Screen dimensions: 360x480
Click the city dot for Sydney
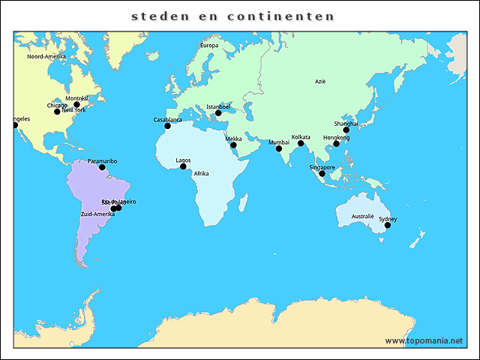pyautogui.click(x=388, y=225)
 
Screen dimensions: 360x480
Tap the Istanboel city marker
pyautogui.click(x=218, y=113)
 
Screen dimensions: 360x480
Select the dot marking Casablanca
pyautogui.click(x=167, y=126)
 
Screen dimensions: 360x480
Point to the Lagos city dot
pyautogui.click(x=183, y=166)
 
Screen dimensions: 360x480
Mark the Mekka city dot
pyautogui.click(x=233, y=145)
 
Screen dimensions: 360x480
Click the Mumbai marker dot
pyautogui.click(x=279, y=148)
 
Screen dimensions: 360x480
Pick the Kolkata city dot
pyautogui.click(x=301, y=143)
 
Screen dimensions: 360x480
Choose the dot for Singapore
pyautogui.click(x=322, y=173)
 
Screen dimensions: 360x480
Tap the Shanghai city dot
pyautogui.click(x=346, y=130)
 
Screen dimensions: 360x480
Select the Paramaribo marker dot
pyautogui.click(x=102, y=167)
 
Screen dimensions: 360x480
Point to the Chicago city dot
pyautogui.click(x=57, y=112)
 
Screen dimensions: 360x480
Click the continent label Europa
pyautogui.click(x=208, y=45)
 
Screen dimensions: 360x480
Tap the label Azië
pyautogui.click(x=320, y=81)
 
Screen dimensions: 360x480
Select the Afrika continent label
pyautogui.click(x=201, y=173)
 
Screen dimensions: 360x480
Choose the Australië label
pyautogui.click(x=363, y=216)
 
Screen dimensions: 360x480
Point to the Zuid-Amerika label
pyautogui.click(x=97, y=214)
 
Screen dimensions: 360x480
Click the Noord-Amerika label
pyautogui.click(x=46, y=56)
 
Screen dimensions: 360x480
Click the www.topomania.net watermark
pyautogui.click(x=424, y=340)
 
